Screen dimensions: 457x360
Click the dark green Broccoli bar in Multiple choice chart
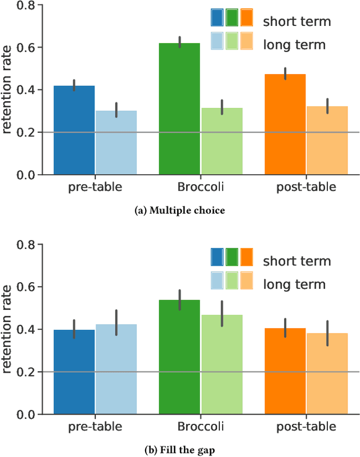pyautogui.click(x=179, y=109)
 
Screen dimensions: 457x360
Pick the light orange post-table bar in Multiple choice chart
pyautogui.click(x=326, y=141)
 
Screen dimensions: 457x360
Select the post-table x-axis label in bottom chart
pyautogui.click(x=306, y=427)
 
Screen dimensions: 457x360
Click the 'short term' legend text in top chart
pyautogui.click(x=297, y=21)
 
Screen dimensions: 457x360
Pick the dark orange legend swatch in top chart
pyautogui.click(x=246, y=18)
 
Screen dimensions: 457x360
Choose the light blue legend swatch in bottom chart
pyautogui.click(x=217, y=280)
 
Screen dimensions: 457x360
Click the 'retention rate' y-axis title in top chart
pyautogui.click(x=8, y=90)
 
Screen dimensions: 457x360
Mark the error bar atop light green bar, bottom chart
pyautogui.click(x=222, y=313)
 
